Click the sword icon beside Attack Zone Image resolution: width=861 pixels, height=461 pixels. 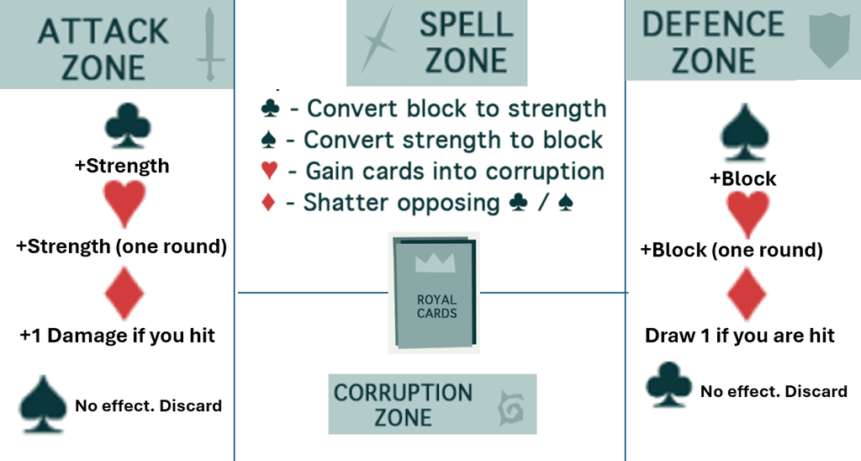click(209, 44)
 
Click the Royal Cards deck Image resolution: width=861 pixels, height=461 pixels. click(434, 292)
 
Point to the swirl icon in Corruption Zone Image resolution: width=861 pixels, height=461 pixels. click(511, 408)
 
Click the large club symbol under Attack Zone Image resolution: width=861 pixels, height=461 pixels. click(128, 125)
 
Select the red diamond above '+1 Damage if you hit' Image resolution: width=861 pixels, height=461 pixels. click(124, 292)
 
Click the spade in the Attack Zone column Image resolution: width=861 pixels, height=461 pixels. click(43, 405)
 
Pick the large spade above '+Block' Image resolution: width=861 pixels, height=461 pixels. click(745, 132)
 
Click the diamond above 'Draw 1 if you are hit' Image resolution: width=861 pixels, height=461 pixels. click(747, 294)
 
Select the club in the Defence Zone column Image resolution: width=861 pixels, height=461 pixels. click(668, 384)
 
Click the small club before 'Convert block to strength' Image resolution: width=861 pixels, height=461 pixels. click(270, 109)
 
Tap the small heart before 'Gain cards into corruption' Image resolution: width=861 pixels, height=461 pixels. click(269, 171)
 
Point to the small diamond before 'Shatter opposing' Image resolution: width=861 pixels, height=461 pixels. click(268, 202)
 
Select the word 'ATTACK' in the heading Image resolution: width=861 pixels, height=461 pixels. click(103, 31)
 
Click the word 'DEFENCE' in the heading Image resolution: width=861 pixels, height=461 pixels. click(713, 24)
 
